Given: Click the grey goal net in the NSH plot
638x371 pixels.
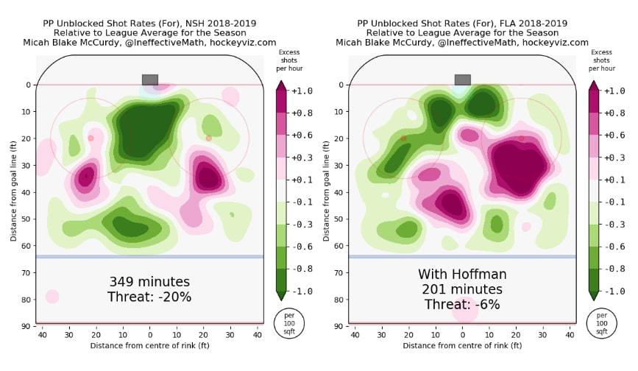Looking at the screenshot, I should click(149, 79).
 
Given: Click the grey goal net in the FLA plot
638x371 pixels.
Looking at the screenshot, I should click(462, 79).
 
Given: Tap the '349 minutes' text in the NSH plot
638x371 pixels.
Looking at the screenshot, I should click(149, 282).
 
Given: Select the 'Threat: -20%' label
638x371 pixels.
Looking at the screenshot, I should click(149, 297).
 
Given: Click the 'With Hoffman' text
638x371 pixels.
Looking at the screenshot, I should click(462, 275).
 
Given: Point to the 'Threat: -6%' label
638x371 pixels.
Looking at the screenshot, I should click(462, 305).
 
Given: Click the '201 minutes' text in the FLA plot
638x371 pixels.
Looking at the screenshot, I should click(462, 290).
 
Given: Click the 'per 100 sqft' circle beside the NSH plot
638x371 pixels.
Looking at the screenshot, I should click(288, 323).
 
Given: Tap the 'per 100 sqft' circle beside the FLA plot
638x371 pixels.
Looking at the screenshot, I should click(601, 323).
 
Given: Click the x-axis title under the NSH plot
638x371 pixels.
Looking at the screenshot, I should click(149, 345).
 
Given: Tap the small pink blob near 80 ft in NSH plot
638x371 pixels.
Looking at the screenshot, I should click(52, 297).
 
